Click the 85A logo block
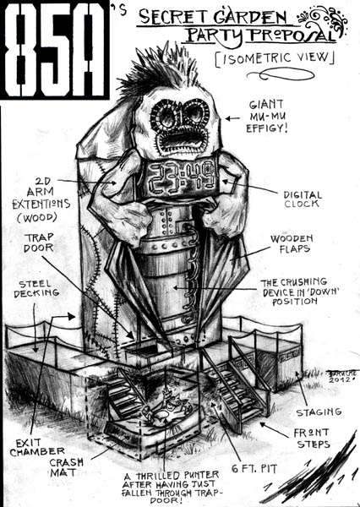click(x=54, y=50)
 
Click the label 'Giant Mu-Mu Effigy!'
click(x=266, y=117)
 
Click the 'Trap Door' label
click(x=39, y=243)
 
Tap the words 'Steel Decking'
click(x=35, y=288)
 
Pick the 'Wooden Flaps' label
click(x=292, y=243)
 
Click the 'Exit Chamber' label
click(x=37, y=447)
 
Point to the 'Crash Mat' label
click(x=66, y=467)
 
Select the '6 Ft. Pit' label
click(x=254, y=468)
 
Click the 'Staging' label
click(x=319, y=412)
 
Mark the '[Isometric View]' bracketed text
click(x=275, y=58)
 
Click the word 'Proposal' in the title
click(x=293, y=35)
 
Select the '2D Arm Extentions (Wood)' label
click(x=41, y=199)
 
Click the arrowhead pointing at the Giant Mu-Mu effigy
click(x=228, y=118)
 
